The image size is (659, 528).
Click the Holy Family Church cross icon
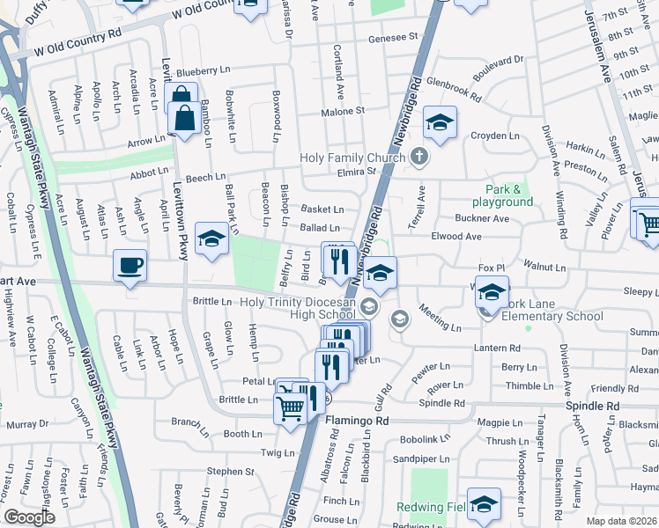pos(419,157)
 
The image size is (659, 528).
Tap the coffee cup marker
pos(130,265)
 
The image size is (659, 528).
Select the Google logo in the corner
pos(29,517)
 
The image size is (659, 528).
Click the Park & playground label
pos(509,195)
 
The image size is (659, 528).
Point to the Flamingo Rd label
pos(357,422)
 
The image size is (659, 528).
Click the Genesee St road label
pos(393,38)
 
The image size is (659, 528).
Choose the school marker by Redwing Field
pos(484,503)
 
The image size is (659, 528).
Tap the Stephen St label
pos(230,472)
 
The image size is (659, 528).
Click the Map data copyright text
pos(622,521)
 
